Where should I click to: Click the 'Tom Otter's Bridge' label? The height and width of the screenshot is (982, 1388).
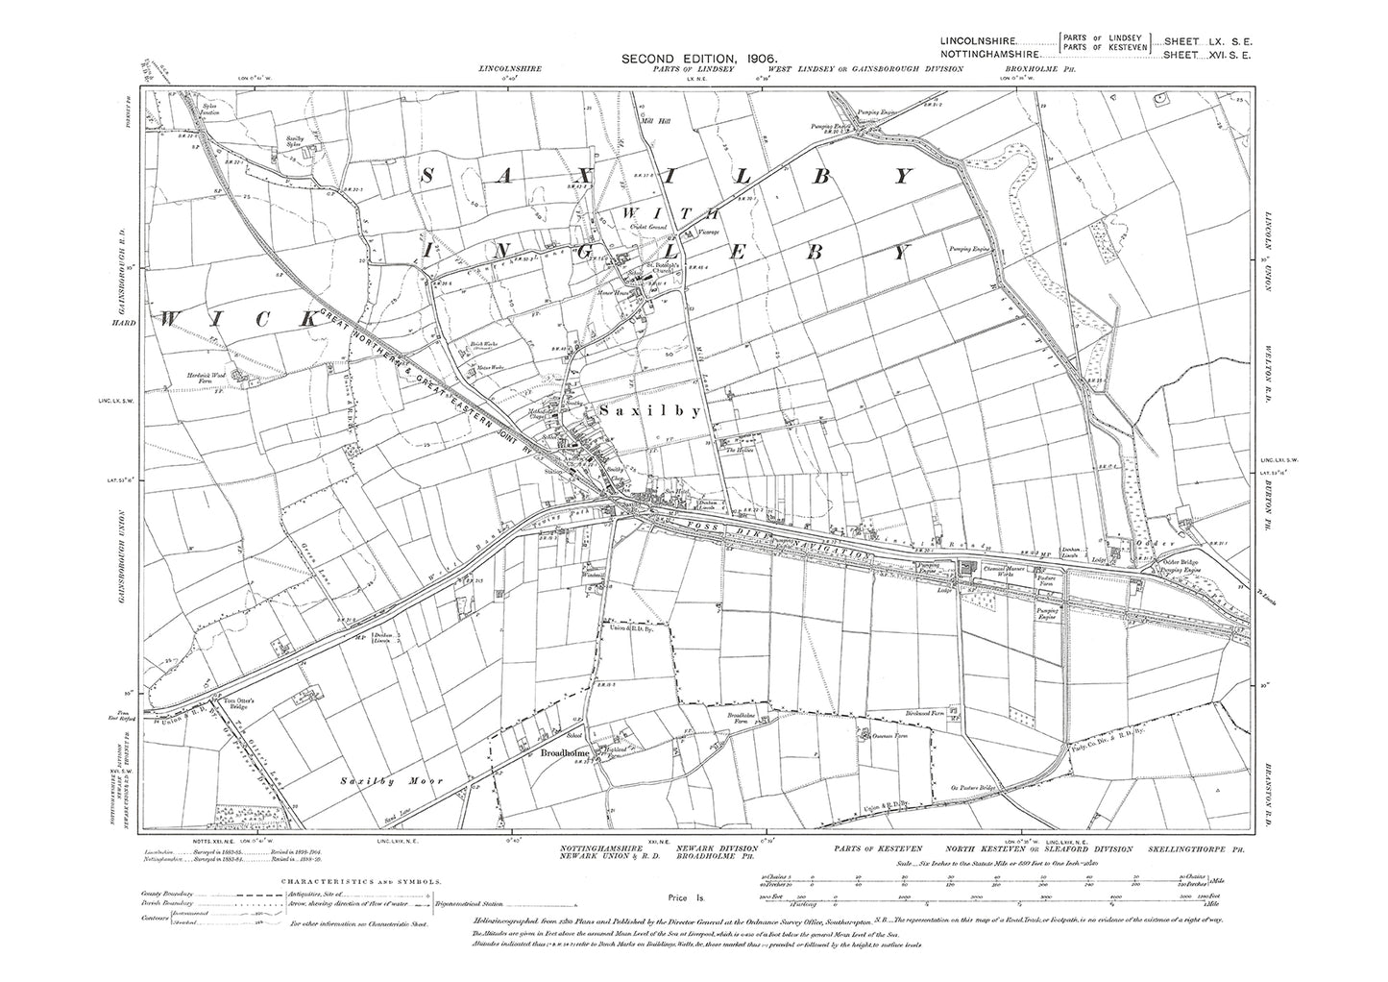click(x=241, y=702)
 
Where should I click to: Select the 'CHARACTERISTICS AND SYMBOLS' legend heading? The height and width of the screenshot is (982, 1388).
click(x=360, y=879)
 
